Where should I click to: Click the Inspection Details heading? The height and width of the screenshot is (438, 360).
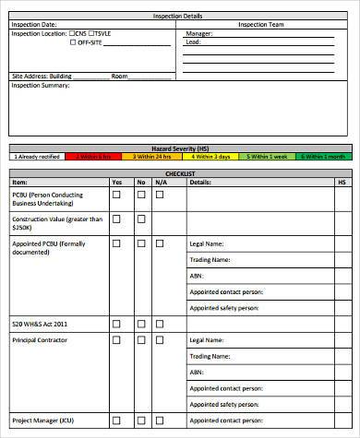tap(180, 17)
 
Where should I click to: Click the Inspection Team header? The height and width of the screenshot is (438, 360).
tap(262, 25)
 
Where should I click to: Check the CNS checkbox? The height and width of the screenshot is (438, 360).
tap(72, 33)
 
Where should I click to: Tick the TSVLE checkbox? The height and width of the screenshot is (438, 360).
tap(90, 33)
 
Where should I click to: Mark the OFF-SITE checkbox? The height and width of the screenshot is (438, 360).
tap(72, 42)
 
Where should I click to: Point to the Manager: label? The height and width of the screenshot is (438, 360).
tap(199, 33)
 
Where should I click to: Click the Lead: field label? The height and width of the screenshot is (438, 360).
tap(193, 42)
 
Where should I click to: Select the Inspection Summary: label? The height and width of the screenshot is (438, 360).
tap(40, 85)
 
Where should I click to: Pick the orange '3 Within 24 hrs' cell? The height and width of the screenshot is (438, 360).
tap(153, 157)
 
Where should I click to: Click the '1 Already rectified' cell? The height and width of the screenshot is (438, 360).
tap(38, 157)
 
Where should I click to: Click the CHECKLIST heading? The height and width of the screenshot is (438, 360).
tap(179, 173)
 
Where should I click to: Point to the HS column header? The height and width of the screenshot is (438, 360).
tap(341, 183)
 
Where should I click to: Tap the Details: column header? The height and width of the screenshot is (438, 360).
tap(200, 183)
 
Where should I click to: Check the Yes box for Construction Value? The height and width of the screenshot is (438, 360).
tap(117, 219)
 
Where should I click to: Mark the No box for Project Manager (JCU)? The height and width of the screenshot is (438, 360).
tap(141, 420)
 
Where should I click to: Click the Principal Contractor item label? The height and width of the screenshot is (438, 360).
tap(40, 340)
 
